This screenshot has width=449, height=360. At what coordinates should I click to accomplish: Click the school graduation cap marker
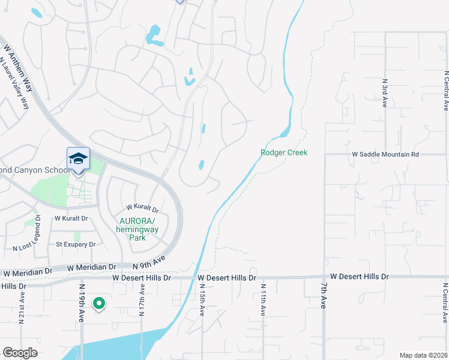point(78,159)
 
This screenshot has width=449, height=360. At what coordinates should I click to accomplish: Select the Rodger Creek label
point(284,153)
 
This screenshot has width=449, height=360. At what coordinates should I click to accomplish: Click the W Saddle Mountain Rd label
point(385,154)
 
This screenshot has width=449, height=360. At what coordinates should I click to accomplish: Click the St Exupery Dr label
point(76,245)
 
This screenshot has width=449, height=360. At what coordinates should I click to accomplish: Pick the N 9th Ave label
point(149,263)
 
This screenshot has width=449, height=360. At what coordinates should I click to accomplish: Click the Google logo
point(20,353)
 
